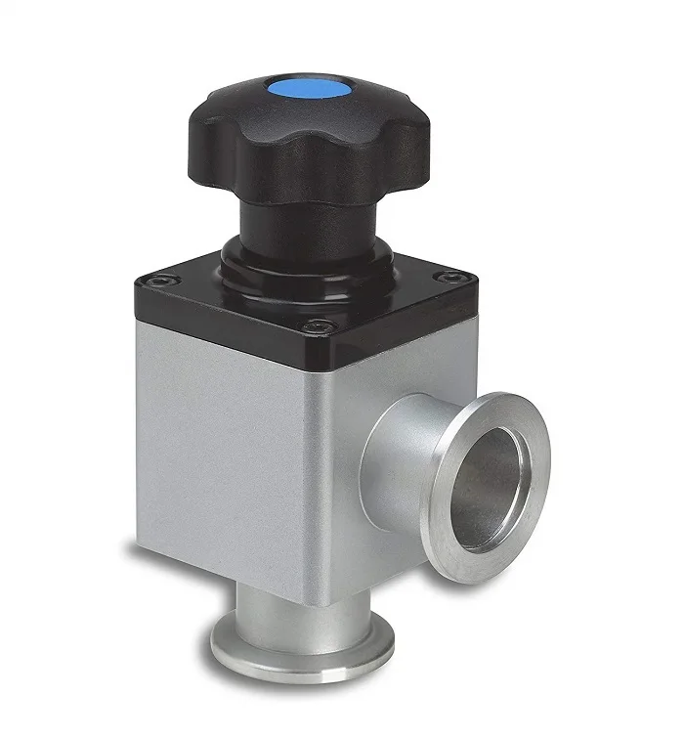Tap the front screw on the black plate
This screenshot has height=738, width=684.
312,326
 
